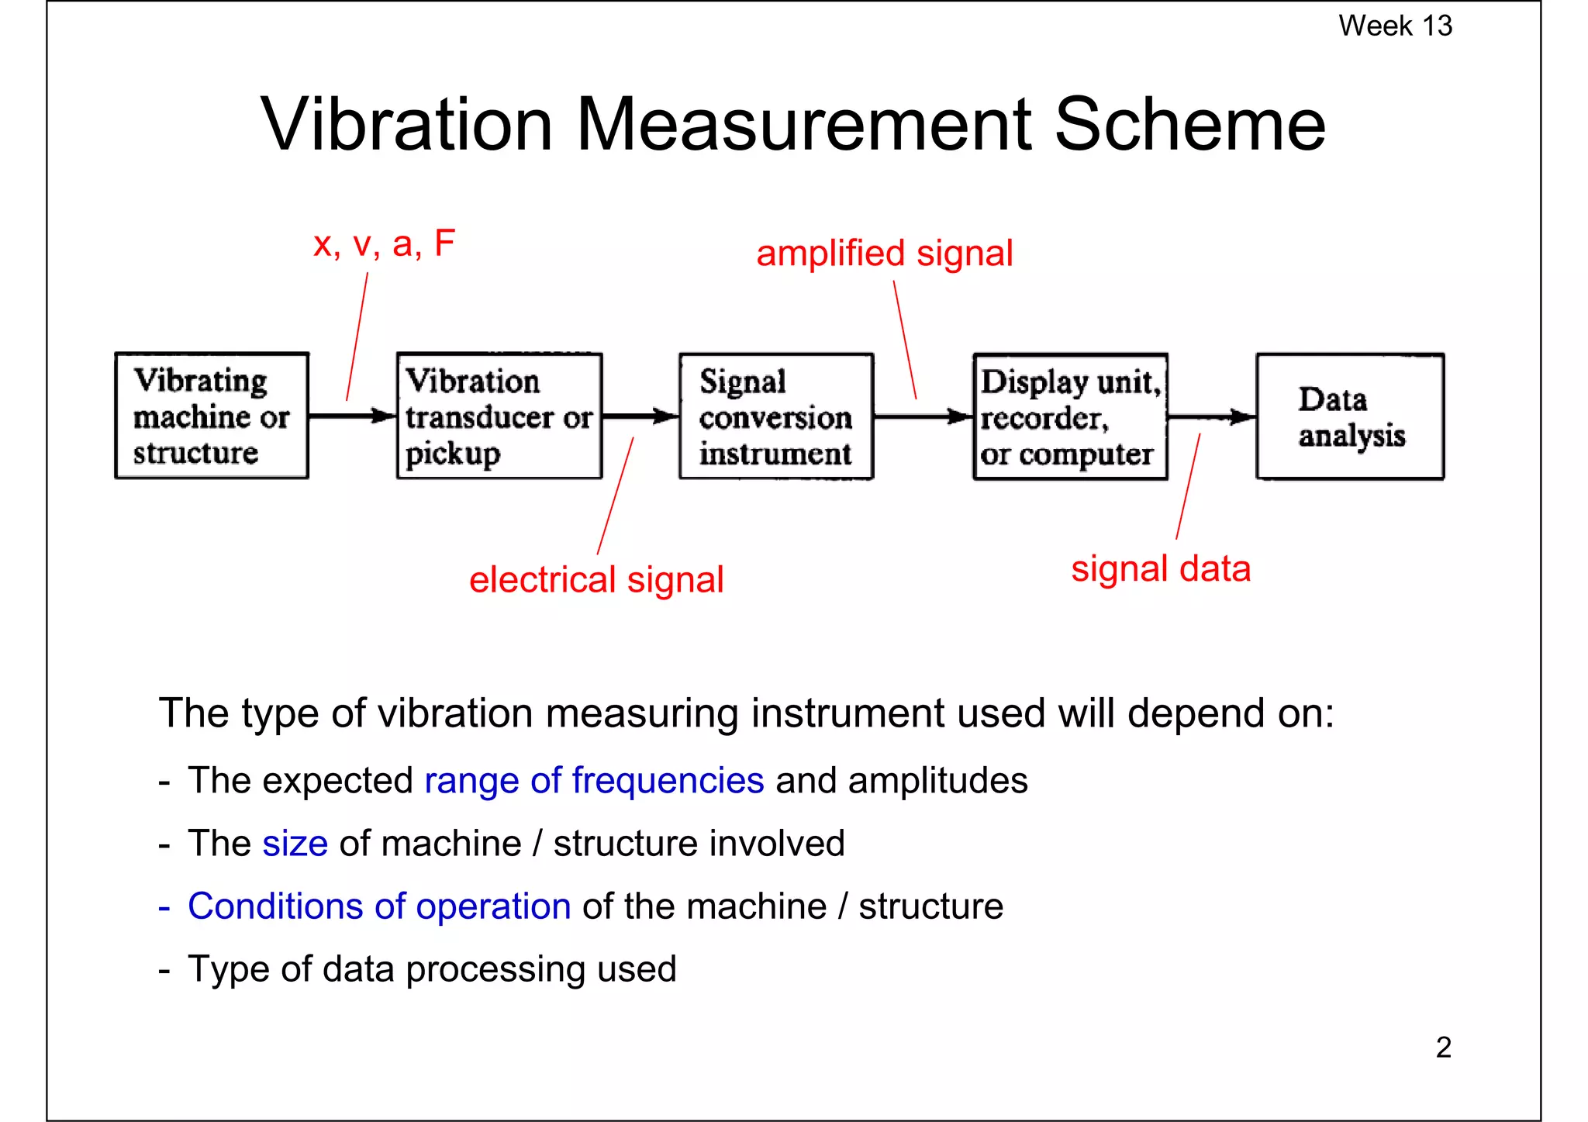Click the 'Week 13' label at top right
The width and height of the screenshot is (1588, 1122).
(1394, 26)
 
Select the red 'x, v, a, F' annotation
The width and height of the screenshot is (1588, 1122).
(384, 244)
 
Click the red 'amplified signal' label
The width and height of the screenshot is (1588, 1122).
(884, 254)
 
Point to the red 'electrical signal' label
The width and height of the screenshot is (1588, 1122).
(596, 580)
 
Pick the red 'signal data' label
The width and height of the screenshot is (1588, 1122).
(1161, 569)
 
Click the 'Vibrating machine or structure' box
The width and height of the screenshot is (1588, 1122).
(212, 416)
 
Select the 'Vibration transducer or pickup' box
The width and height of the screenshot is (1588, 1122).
(499, 416)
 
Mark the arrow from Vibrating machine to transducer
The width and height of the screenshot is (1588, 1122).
(353, 416)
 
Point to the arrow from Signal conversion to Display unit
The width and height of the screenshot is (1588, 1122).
(923, 417)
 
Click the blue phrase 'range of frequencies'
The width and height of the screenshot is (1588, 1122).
(594, 781)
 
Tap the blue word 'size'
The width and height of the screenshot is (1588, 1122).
(295, 844)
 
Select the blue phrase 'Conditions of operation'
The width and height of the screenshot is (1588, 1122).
(379, 906)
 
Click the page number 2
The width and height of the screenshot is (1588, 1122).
(1443, 1048)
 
